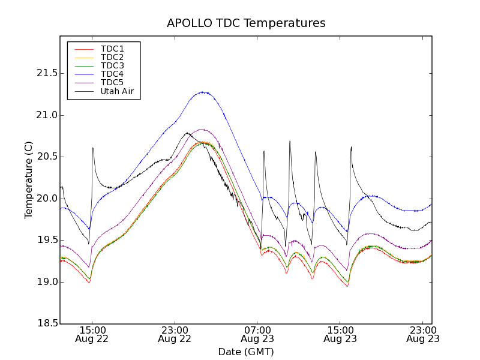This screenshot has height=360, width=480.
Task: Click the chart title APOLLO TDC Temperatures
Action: coord(246,23)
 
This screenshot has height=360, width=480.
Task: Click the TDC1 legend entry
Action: coord(112,49)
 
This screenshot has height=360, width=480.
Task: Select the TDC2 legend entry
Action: coord(112,57)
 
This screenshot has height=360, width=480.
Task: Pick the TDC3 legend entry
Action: coord(112,65)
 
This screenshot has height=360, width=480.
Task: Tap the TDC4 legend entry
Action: coord(112,74)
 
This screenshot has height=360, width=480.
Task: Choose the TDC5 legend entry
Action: coord(112,83)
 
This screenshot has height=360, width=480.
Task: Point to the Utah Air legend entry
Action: coord(116,91)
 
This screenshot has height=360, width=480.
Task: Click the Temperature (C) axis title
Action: coord(29,180)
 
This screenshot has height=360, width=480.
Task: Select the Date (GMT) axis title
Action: coord(246,352)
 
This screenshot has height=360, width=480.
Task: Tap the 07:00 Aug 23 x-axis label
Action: coord(257,334)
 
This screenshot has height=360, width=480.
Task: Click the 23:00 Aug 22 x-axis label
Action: coord(175,334)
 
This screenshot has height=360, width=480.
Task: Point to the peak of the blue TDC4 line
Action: coord(204,92)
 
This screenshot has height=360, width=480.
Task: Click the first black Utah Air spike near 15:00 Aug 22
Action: coord(93,148)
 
